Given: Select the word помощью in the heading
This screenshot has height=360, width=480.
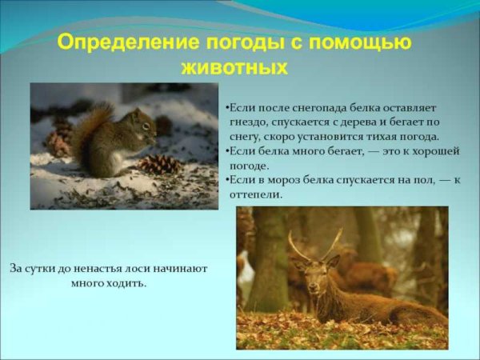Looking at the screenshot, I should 365,42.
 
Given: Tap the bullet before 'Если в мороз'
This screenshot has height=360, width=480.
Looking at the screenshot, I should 227,180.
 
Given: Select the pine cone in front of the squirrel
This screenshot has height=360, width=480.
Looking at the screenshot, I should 159,164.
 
